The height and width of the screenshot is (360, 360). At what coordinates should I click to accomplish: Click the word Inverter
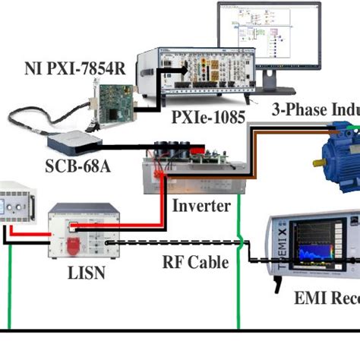[x=200, y=206]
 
